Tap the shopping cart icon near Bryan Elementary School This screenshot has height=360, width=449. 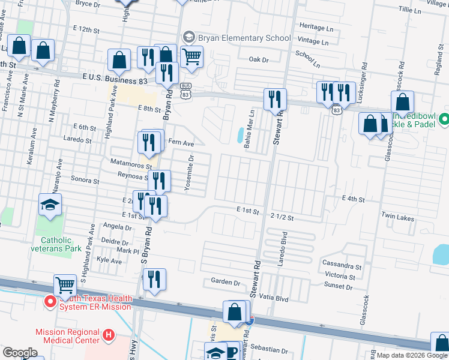point(191,57)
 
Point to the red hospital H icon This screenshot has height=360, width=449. point(108,334)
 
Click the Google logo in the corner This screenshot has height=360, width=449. point(20,353)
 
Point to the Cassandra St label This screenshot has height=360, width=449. point(342,266)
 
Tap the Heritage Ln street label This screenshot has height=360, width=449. point(316,28)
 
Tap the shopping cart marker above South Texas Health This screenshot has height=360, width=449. point(65,285)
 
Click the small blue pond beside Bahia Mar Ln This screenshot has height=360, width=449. point(240,136)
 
